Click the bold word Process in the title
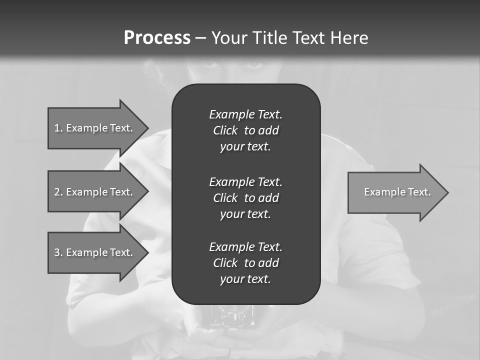157,38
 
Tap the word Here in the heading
349,38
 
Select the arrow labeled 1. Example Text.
93,128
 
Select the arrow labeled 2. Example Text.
93,192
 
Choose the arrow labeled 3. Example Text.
93,252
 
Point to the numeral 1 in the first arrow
57,128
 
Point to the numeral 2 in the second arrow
57,192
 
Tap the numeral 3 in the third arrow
57,252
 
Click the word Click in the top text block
225,130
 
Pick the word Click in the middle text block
225,198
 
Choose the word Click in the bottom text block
225,263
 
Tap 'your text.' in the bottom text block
245,279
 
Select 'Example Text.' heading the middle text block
245,181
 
